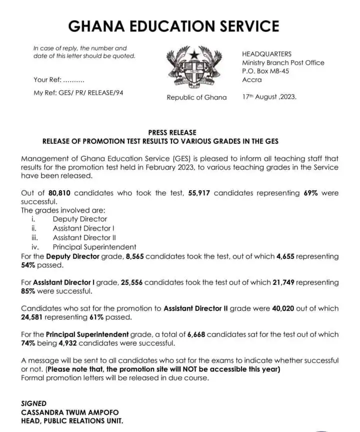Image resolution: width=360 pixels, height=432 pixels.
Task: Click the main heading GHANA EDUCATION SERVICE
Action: tap(173, 26)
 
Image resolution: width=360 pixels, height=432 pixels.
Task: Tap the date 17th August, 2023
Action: tap(269, 97)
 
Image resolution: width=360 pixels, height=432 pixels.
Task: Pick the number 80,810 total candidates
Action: tap(62, 193)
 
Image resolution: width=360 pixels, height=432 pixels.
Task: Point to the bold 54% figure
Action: tap(28, 265)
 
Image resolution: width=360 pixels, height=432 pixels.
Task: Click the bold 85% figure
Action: tap(28, 291)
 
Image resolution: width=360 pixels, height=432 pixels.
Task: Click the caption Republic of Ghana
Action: tap(196, 98)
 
